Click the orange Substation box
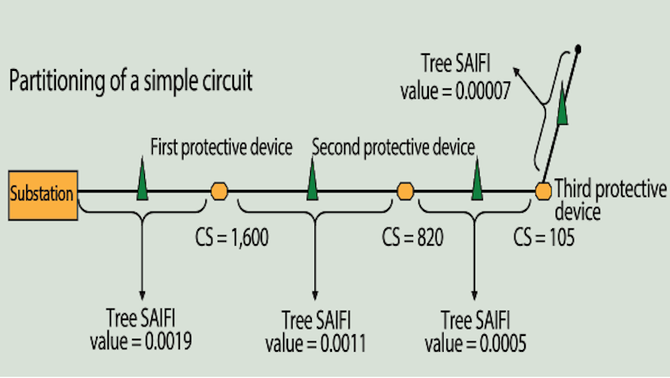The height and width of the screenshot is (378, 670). coord(43,195)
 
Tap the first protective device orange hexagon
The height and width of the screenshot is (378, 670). coord(219,191)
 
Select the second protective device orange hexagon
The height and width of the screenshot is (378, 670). coord(405,191)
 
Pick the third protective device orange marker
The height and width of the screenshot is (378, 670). coord(543,191)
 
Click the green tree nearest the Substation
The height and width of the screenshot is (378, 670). coord(142,179)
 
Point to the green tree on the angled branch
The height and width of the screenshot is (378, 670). coord(563,103)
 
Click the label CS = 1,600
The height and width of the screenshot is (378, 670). coord(231,237)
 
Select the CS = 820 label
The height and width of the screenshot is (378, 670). coord(412,237)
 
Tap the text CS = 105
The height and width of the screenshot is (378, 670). coord(543,237)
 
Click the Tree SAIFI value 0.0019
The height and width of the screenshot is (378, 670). coord(141,329)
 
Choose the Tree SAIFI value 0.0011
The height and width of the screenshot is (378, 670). coord(315,332)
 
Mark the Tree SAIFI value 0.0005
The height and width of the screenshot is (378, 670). coord(475,332)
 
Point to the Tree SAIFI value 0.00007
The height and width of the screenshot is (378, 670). coord(455,77)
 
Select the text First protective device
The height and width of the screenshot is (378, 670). coord(221,147)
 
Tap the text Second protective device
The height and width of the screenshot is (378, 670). coord(393,147)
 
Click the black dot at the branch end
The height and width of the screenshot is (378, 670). coord(577,50)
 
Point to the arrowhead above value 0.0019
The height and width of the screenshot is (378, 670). coord(142,296)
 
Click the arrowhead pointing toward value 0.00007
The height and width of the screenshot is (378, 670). coord(516,71)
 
